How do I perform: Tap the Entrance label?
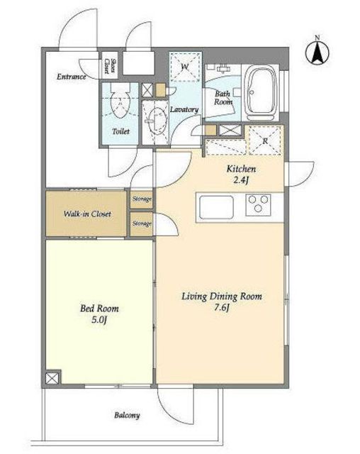tap(72, 77)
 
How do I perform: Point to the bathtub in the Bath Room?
tap(261, 92)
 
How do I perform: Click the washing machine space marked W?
tap(185, 67)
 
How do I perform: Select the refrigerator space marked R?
tap(264, 140)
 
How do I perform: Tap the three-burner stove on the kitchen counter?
tap(258, 205)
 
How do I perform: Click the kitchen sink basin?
tap(216, 207)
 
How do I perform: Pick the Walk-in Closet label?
tap(87, 214)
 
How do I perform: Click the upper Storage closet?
tap(142, 199)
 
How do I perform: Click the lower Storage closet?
tap(142, 224)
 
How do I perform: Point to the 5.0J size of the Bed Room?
tap(99, 321)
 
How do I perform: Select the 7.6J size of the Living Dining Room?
tap(222, 308)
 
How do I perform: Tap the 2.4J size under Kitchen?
tap(241, 180)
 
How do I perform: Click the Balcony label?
tap(127, 416)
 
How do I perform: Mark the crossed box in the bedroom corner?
tap(52, 378)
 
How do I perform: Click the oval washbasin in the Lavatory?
tap(156, 119)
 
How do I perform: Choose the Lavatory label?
tap(184, 109)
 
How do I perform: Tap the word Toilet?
tap(120, 131)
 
